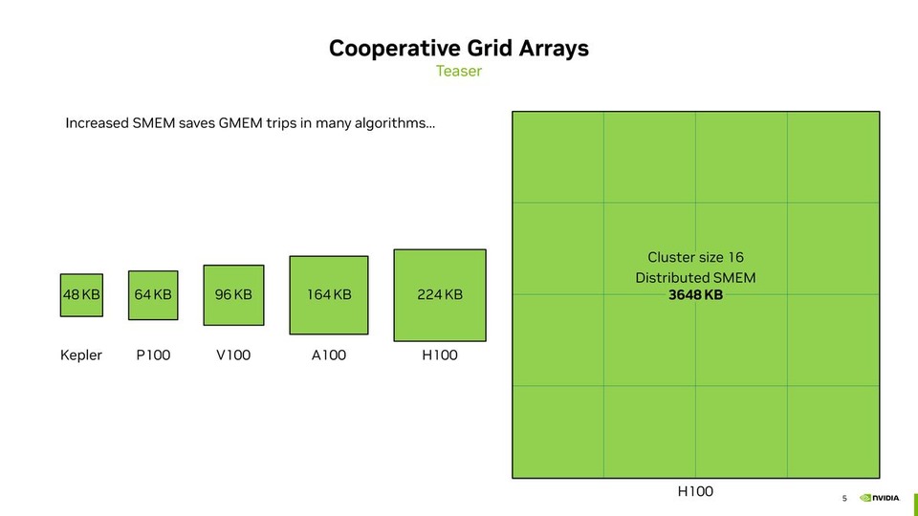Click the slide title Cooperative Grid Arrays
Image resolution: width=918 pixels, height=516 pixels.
[x=459, y=48]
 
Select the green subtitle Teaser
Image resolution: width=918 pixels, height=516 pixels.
[x=459, y=72]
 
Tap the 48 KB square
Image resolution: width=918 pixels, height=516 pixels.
[x=81, y=294]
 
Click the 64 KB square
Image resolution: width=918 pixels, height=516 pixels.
[x=153, y=294]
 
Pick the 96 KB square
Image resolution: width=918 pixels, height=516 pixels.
[x=233, y=294]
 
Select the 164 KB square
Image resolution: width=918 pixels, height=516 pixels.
[x=329, y=294]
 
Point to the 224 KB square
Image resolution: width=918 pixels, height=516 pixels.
[x=440, y=294]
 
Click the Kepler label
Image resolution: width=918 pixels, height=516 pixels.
[x=81, y=355]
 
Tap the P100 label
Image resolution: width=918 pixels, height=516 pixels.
[x=153, y=355]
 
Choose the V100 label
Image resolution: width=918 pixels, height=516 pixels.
[x=233, y=355]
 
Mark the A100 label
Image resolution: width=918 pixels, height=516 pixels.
[x=329, y=355]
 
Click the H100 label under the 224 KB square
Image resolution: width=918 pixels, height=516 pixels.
[x=440, y=355]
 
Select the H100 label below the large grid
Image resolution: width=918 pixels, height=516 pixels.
[x=695, y=491]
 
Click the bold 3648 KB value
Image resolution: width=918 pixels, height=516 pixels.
[x=695, y=295]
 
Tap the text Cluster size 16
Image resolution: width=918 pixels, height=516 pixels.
[x=695, y=257]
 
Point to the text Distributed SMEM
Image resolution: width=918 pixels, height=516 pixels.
[x=695, y=277]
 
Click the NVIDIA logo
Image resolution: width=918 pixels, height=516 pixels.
[x=880, y=498]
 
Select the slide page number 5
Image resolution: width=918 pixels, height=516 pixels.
[x=844, y=498]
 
